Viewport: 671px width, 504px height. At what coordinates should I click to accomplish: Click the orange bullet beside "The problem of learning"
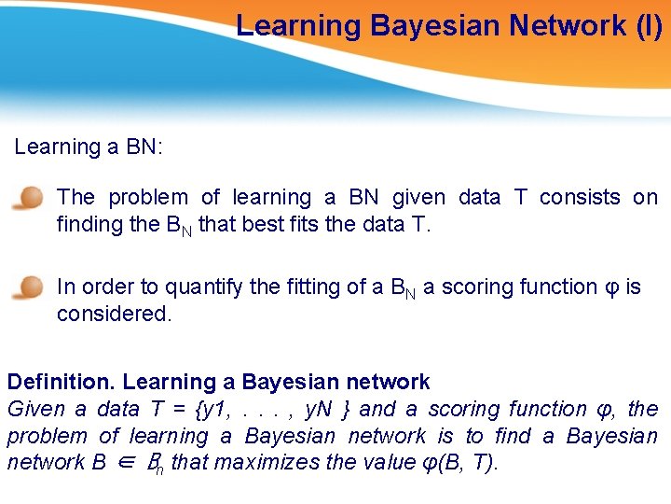point(30,199)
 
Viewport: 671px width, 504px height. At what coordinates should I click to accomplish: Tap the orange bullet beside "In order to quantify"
point(30,287)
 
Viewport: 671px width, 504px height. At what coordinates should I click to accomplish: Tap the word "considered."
point(115,314)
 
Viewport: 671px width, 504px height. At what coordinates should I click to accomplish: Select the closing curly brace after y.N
point(346,409)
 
